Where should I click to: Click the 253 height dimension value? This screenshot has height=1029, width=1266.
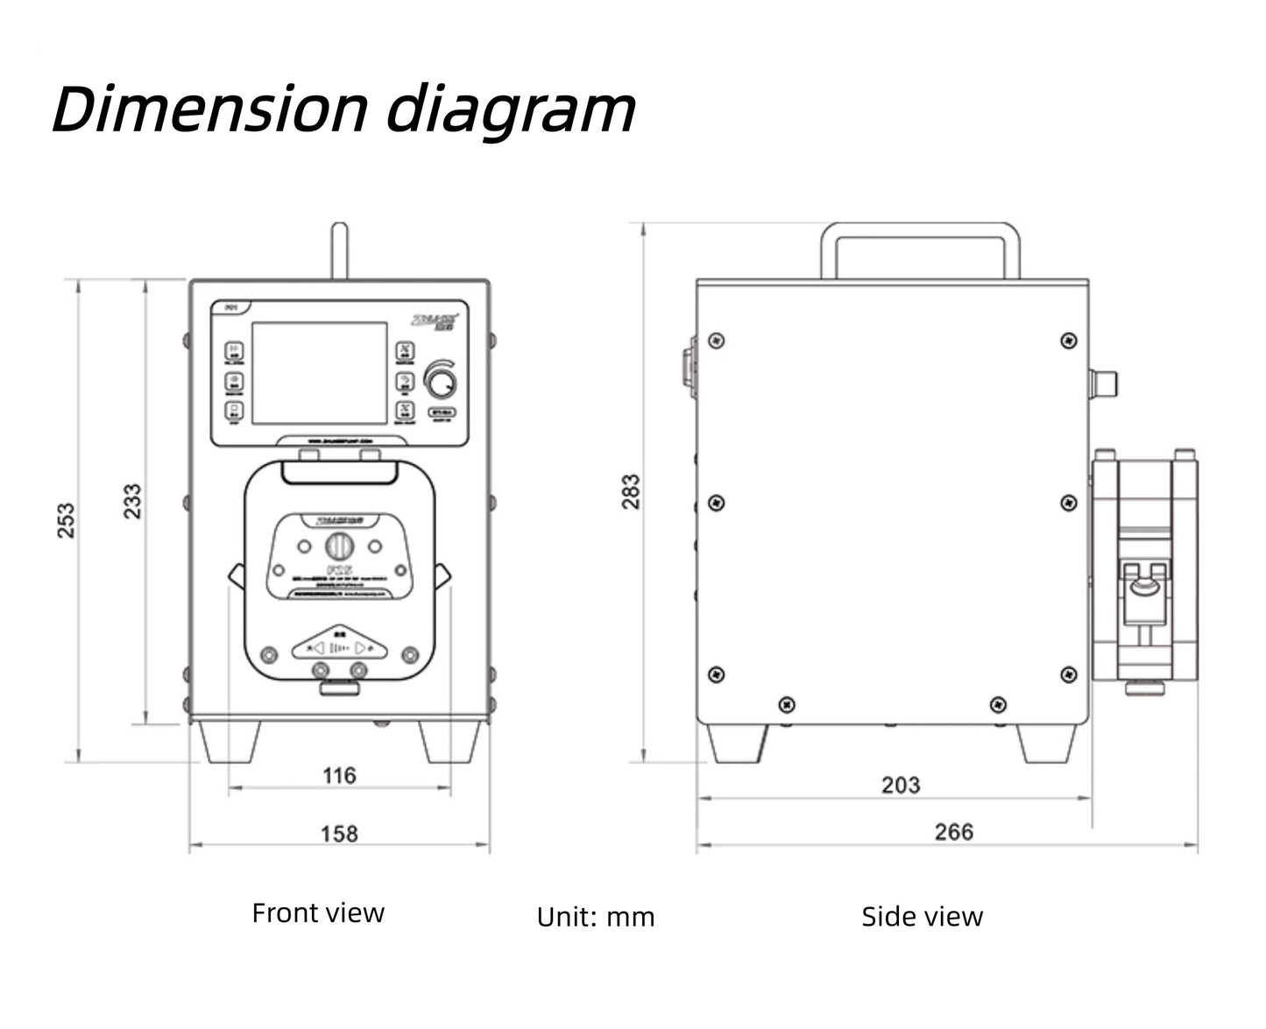pos(67,520)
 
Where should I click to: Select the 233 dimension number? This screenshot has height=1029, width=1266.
pos(132,501)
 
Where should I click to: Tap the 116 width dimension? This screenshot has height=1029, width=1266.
pos(339,775)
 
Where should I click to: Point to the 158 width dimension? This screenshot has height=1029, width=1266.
pos(339,833)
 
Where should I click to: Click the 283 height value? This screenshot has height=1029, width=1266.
pos(631,492)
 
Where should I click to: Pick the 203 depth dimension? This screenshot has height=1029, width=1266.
pos(901,785)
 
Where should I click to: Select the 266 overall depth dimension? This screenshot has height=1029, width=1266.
pos(953,831)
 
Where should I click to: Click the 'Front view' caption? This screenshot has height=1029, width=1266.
pos(318,913)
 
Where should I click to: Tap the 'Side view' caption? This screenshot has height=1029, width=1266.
pos(922,917)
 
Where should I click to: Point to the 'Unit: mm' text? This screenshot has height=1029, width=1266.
pos(596,917)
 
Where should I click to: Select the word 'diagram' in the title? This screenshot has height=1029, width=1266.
pos(511,111)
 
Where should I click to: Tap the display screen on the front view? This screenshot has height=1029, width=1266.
pos(320,373)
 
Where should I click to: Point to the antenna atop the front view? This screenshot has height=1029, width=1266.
pos(339,251)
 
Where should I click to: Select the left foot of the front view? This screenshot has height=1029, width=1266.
pos(230,742)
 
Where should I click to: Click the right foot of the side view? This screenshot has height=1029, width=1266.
pos(1047,744)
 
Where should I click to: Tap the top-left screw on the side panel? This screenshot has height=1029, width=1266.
pos(717,340)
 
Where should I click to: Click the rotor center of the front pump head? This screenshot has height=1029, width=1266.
pos(338,546)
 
